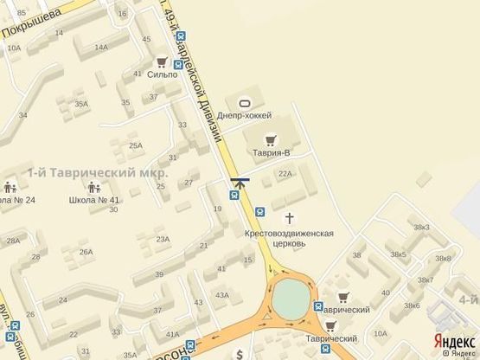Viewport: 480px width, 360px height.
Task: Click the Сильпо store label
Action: [163, 75]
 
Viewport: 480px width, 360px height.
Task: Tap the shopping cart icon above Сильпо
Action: [162, 61]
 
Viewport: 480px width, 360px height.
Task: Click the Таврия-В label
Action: [272, 152]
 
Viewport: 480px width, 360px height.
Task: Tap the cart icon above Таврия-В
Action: [271, 138]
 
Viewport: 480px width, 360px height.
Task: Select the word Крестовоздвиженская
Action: [289, 233]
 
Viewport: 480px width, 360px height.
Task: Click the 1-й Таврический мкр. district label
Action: [97, 172]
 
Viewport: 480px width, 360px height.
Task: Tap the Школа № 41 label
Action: [94, 200]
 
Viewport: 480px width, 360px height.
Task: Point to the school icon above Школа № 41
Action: [93, 186]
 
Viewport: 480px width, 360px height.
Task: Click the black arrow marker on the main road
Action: [240, 182]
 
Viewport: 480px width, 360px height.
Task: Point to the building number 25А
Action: [136, 145]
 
